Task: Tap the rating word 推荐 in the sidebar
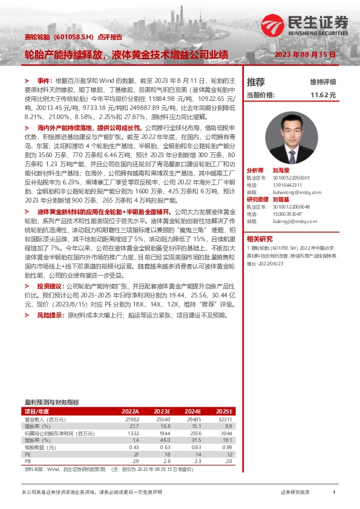click(x=256, y=82)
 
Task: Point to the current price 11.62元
click(x=323, y=96)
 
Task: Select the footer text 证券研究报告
click(x=295, y=493)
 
